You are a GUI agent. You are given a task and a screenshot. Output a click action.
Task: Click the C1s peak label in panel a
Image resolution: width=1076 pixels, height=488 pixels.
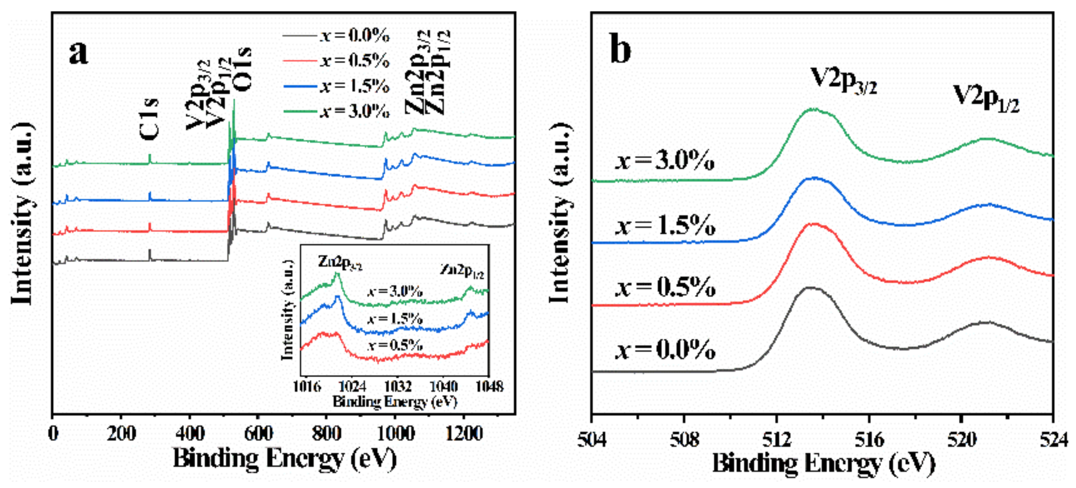tap(149, 119)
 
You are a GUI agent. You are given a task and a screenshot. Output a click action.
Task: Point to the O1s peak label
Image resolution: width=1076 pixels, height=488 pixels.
tap(242, 69)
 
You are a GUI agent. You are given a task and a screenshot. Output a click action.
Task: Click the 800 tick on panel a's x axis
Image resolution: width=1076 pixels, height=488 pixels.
tap(326, 434)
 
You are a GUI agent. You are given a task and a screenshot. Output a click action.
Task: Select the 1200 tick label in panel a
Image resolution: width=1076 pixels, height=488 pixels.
tap(464, 434)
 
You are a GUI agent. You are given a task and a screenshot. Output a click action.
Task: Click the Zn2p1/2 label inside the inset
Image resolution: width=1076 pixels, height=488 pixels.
tap(462, 271)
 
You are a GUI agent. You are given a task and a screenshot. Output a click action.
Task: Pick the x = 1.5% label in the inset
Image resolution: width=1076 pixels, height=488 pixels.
tap(395, 319)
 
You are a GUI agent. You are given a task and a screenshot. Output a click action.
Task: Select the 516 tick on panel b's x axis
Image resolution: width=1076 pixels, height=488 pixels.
tap(869, 440)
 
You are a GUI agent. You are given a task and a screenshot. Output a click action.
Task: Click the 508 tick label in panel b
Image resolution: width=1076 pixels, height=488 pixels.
tap(684, 440)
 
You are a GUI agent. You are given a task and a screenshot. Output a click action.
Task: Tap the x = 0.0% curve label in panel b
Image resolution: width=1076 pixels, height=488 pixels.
tap(665, 349)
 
